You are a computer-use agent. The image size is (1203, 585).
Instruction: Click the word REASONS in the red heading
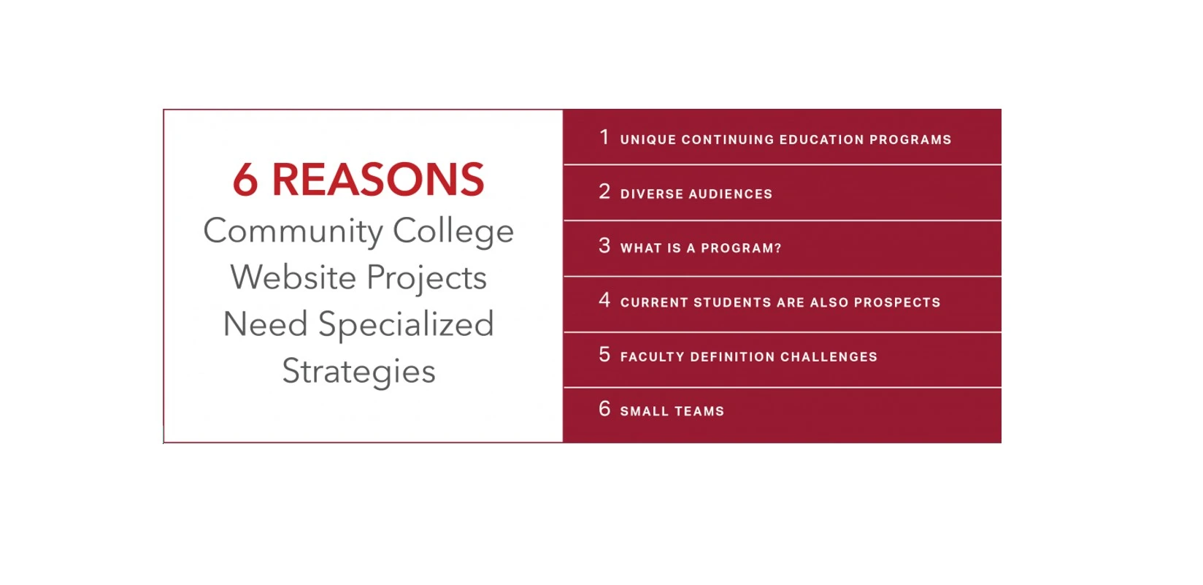pos(378,180)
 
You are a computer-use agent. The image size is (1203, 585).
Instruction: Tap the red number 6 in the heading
pos(245,180)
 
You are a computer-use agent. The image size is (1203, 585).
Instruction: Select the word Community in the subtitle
pos(293,232)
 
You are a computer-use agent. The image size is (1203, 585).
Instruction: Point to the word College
pos(453,232)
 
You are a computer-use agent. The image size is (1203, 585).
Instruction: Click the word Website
pos(293,278)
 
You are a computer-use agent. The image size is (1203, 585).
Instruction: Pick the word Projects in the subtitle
pos(427,279)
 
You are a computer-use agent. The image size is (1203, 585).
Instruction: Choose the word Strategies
pos(358,372)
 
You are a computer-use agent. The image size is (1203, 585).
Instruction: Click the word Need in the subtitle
pos(265,324)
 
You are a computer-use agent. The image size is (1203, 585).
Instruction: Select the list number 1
pos(604,137)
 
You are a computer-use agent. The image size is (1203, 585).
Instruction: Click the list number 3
pos(604,245)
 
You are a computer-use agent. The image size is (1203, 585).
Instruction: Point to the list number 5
pos(604,354)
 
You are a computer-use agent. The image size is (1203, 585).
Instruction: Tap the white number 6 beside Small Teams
pos(604,408)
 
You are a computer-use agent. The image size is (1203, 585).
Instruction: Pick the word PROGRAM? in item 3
pos(741,248)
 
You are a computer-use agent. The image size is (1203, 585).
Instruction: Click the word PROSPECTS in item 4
pos(897,302)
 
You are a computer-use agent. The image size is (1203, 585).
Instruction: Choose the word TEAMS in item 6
pos(699,411)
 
